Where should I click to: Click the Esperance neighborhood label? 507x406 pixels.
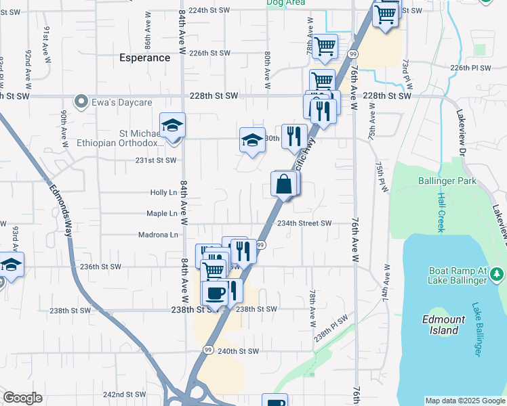[144, 58]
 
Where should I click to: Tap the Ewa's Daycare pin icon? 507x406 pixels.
[82, 103]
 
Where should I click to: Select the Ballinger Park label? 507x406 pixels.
[447, 181]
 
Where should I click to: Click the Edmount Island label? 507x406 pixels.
[444, 325]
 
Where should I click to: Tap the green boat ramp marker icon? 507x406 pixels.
[498, 274]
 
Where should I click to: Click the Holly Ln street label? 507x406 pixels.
[163, 193]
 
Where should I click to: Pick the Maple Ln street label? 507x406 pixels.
[162, 214]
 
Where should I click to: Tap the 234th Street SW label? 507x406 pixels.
[303, 223]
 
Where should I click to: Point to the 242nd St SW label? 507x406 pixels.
[124, 394]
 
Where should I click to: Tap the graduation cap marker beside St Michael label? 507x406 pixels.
[172, 125]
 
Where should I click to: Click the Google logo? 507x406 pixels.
[23, 398]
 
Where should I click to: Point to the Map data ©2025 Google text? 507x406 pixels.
[464, 401]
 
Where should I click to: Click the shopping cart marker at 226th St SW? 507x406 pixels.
[326, 47]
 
